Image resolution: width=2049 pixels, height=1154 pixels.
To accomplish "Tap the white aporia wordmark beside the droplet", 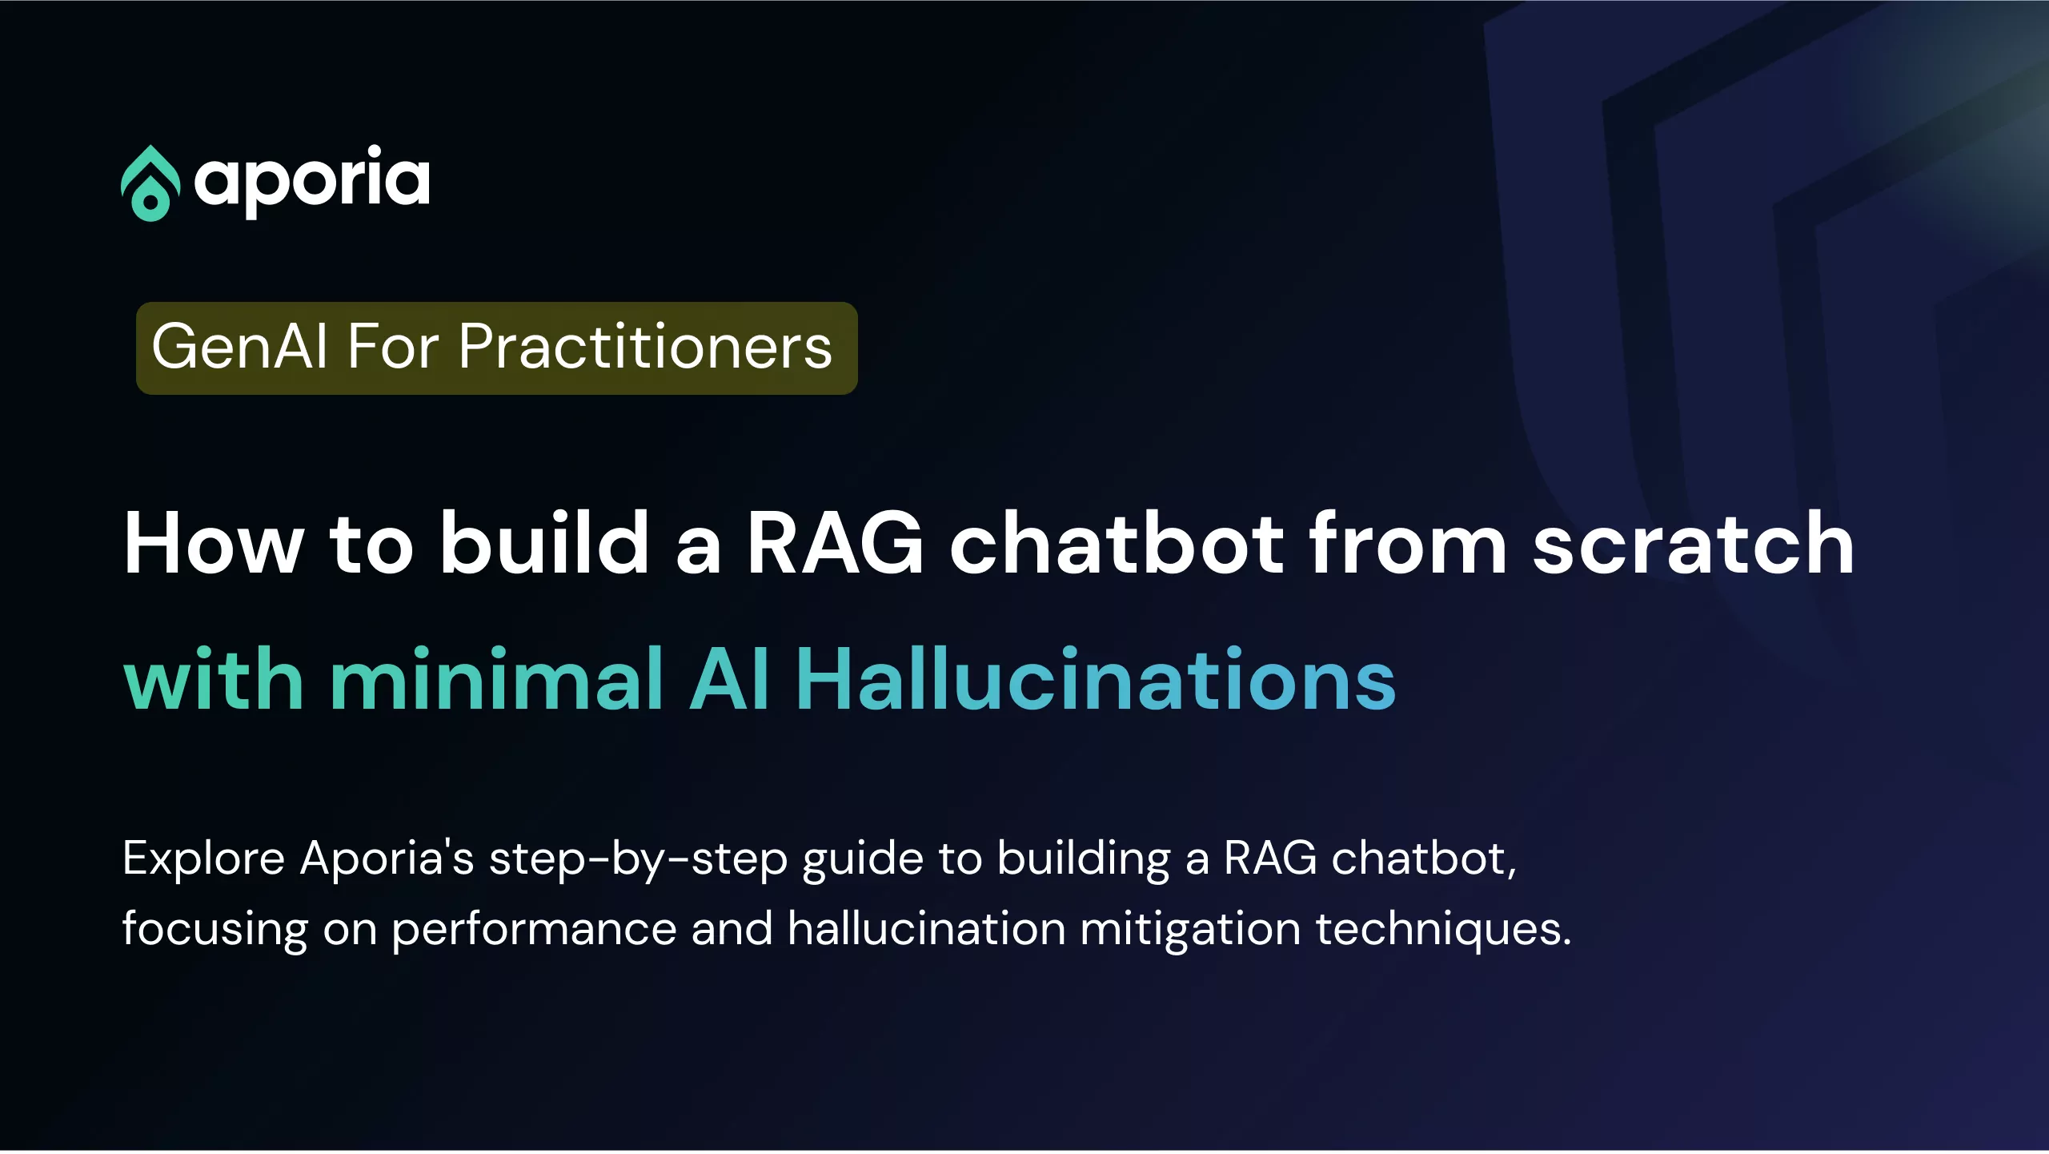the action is coord(312,182).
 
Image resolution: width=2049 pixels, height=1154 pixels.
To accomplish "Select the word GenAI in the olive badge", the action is coord(239,347).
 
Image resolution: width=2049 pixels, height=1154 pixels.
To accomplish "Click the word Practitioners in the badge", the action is coord(645,347).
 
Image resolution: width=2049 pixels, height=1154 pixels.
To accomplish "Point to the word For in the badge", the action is coord(393,347).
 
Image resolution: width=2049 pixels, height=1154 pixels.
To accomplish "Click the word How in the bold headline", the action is coord(214,544).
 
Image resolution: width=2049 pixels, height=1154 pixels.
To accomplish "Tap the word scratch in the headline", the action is coord(1693,544).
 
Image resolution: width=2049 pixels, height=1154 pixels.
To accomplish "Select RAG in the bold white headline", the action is coord(836,544).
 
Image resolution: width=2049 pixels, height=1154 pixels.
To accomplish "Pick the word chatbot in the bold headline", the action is coord(1117,544).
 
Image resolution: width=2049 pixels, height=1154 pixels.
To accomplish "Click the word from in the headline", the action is coord(1408,544).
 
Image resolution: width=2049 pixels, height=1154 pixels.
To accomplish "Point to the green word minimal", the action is coord(496,679).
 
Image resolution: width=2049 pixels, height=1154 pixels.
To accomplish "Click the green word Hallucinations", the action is coord(1096,679).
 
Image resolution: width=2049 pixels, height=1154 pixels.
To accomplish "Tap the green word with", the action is coord(214,679).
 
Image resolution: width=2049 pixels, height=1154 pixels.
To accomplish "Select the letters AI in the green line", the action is coord(729,679).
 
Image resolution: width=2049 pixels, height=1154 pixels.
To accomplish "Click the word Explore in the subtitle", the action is coord(204,859).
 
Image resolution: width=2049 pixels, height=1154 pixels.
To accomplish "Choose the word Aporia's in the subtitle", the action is coord(387,858).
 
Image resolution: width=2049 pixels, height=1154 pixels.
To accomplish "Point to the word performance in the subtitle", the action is coord(534,930).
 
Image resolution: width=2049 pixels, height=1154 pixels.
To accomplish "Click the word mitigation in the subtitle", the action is coord(1190,930).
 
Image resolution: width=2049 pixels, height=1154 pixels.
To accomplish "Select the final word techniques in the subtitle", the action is coord(1443,930).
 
